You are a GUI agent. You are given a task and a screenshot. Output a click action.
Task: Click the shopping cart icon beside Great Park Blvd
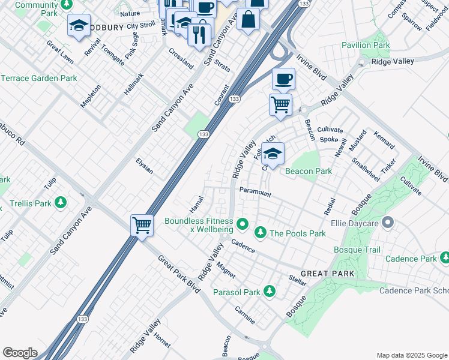click(x=142, y=226)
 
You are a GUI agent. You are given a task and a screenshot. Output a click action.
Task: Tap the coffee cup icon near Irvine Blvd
click(x=283, y=79)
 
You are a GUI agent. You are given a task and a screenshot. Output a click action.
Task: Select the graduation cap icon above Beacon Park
click(x=273, y=154)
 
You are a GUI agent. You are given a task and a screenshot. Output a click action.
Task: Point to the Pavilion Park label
click(x=366, y=45)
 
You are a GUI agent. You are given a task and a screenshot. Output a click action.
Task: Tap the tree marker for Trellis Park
click(x=60, y=203)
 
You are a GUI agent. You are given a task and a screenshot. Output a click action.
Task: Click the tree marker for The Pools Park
click(x=261, y=233)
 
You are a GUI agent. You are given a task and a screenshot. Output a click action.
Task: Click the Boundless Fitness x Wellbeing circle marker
click(x=243, y=225)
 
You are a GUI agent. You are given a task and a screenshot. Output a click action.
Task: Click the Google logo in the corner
click(x=20, y=352)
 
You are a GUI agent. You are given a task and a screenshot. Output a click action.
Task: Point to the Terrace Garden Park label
click(x=39, y=78)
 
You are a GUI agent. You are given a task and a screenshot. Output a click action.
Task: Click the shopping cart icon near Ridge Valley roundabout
click(x=280, y=105)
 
